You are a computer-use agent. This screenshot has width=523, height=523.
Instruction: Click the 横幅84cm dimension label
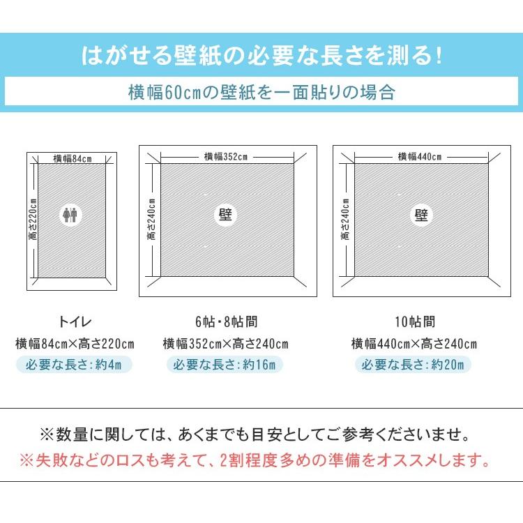click(x=73, y=158)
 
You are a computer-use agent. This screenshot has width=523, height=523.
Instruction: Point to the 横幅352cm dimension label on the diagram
click(x=225, y=156)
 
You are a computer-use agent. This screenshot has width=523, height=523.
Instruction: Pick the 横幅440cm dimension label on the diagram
click(x=420, y=156)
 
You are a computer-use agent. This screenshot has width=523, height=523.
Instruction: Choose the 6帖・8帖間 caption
click(x=225, y=322)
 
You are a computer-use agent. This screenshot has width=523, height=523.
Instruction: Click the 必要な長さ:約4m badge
click(x=75, y=364)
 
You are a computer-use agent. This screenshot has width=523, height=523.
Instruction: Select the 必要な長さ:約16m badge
click(x=225, y=364)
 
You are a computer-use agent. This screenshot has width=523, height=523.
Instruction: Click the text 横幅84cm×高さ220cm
click(x=75, y=344)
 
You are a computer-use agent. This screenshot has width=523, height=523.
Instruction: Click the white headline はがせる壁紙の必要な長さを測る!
click(x=261, y=56)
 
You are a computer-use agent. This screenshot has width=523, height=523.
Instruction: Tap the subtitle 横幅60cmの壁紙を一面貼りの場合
click(x=261, y=92)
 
